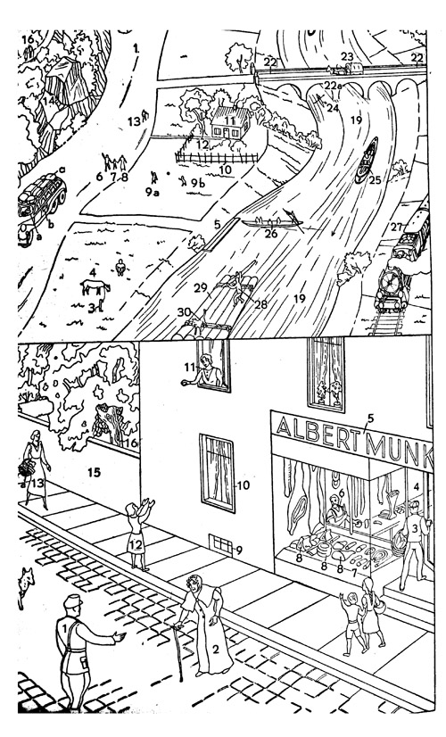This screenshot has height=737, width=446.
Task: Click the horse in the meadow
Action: click(x=95, y=287)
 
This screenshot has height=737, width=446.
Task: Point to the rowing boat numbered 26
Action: click(x=272, y=223)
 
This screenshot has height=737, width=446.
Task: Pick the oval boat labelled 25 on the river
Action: click(x=367, y=160)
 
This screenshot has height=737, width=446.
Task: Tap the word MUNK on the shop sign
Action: click(x=401, y=450)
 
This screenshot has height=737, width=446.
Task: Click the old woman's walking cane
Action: click(x=178, y=652)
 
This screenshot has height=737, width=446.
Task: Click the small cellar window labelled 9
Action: click(x=220, y=545)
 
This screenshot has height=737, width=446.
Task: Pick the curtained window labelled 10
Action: click(x=217, y=473)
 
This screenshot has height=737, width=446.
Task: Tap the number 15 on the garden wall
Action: click(x=94, y=472)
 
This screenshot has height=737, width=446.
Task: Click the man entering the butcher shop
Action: click(x=413, y=545)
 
